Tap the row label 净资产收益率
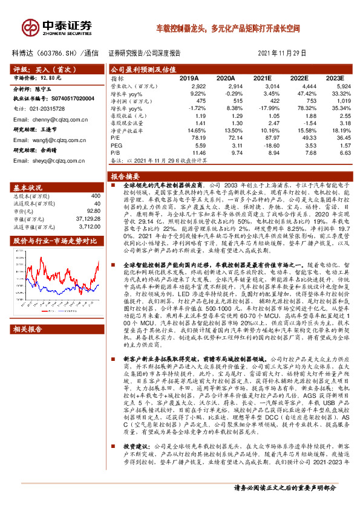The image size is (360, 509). [x=126, y=130]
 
